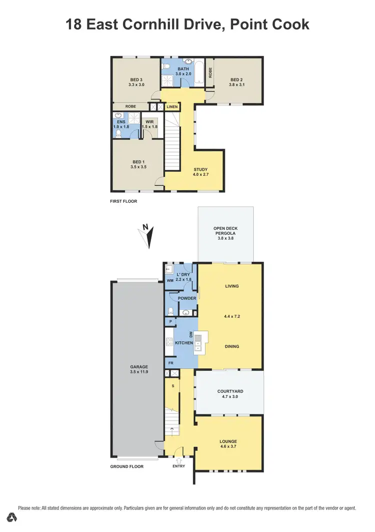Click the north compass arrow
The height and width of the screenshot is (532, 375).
148,236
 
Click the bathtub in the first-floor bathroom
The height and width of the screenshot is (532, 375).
198,72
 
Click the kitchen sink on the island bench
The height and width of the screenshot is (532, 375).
199,342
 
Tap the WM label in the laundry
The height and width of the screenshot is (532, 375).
170,280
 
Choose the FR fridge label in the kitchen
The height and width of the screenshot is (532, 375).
170,363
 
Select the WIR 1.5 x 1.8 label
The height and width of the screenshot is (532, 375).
149,124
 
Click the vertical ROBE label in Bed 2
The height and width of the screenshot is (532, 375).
211,72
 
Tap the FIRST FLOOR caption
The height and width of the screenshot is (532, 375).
123,201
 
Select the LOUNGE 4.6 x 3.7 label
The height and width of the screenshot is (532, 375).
228,444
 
